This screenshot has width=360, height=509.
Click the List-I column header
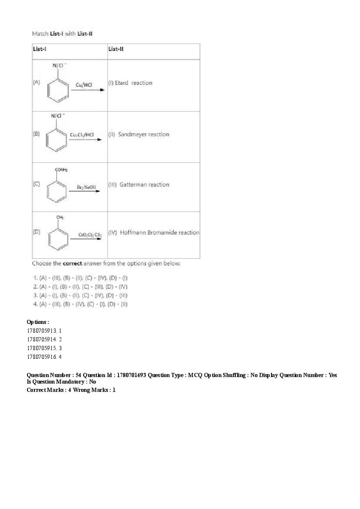coord(40,49)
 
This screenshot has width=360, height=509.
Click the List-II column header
coord(116,49)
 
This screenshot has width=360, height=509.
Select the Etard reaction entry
coord(130,83)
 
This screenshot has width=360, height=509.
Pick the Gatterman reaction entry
coord(139,185)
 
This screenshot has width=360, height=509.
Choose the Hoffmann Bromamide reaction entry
coord(154,233)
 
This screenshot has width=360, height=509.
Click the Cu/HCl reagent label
coord(84,85)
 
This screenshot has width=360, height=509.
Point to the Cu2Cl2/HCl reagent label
coord(82,135)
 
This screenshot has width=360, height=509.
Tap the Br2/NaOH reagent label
coord(86,187)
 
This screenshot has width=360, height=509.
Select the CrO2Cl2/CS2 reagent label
coord(90,235)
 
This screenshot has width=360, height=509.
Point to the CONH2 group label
coord(61,169)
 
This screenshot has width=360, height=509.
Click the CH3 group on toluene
coord(60,217)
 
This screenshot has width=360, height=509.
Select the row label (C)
coord(36,184)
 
